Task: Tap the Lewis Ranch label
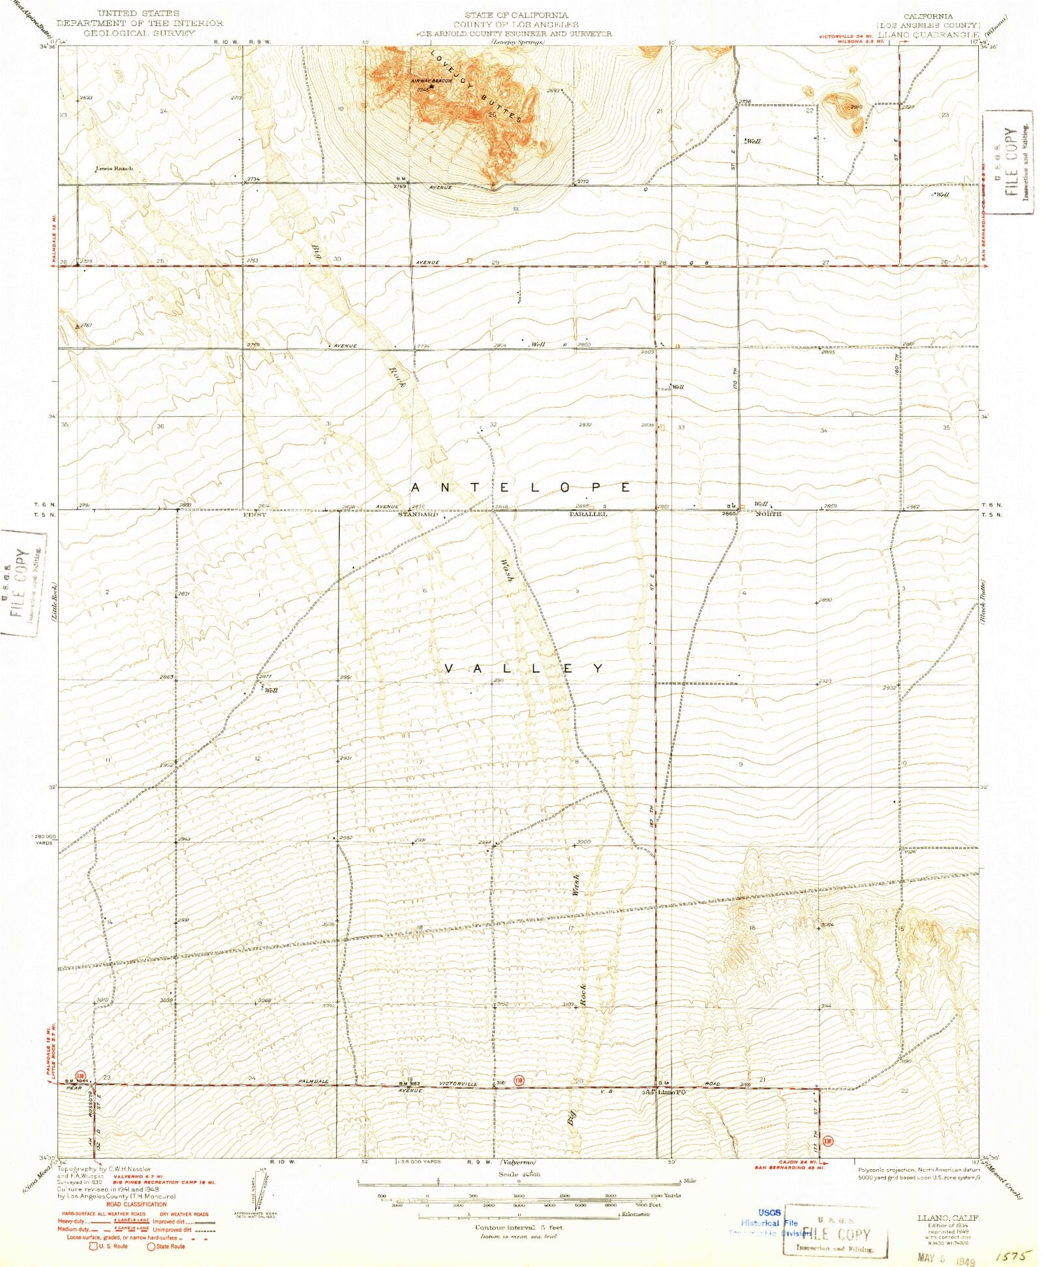[114, 168]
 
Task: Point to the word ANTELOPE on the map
[521, 487]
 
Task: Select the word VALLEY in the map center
[524, 668]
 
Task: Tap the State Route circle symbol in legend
[151, 1246]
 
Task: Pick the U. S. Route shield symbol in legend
[93, 1246]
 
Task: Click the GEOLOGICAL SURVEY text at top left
[139, 33]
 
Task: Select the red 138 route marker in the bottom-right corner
[827, 1141]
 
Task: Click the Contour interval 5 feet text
[519, 1227]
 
